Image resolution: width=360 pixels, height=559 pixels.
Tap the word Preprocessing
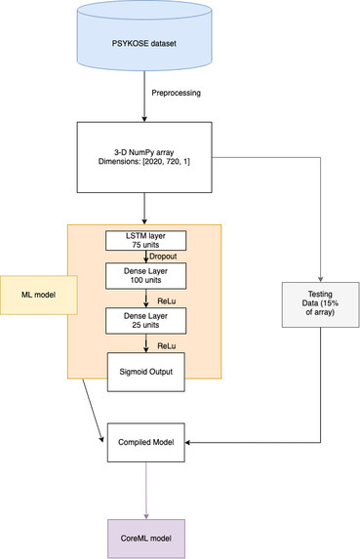(178, 95)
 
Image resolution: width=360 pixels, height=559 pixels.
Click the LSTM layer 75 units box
(144, 240)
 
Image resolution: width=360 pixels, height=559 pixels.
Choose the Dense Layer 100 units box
(144, 275)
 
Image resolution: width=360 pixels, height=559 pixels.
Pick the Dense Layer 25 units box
(144, 321)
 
